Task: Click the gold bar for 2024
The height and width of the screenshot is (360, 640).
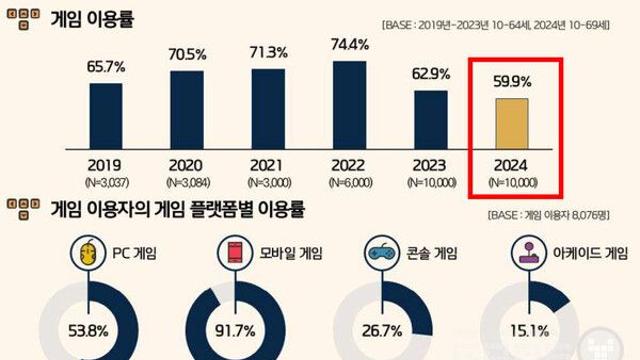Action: point(512,121)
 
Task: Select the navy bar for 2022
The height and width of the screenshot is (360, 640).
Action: point(347,104)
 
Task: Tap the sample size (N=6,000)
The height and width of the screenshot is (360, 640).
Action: point(347,182)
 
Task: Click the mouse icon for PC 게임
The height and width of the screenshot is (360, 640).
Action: point(87,251)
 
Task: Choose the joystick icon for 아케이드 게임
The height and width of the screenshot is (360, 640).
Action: point(526,251)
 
